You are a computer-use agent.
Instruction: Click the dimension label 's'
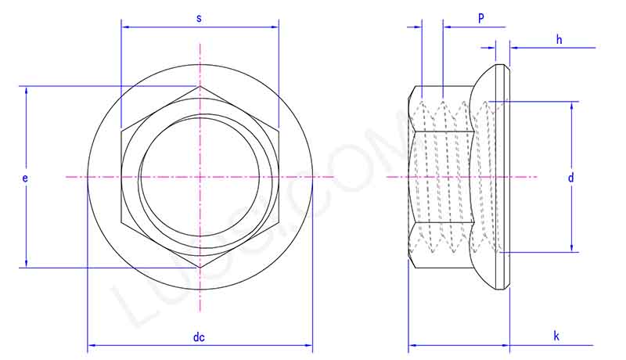pos(199,17)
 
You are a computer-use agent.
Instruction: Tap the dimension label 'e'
pos(25,178)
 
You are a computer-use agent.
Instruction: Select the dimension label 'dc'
pos(199,337)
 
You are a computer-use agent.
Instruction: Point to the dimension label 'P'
pos(480,17)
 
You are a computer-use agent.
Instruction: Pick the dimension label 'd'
pos(571,178)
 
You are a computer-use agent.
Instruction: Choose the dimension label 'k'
pos(556,337)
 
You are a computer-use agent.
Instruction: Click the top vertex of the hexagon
pos(200,86)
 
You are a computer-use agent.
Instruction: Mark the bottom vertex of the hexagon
pos(200,268)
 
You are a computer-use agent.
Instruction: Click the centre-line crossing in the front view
pos(200,178)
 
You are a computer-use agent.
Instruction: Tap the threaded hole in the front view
pos(168,157)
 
